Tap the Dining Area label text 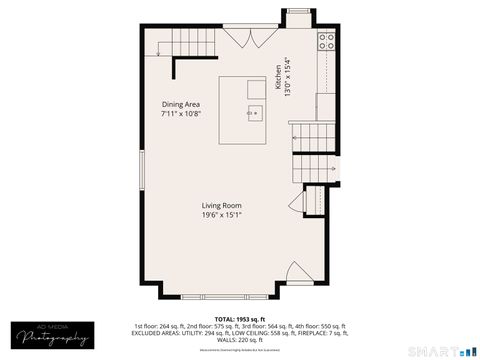(181, 104)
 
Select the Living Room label (222, 205)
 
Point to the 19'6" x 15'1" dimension (222, 214)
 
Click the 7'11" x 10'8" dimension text (181, 114)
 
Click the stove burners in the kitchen (327, 41)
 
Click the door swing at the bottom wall (298, 272)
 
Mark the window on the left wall (142, 180)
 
